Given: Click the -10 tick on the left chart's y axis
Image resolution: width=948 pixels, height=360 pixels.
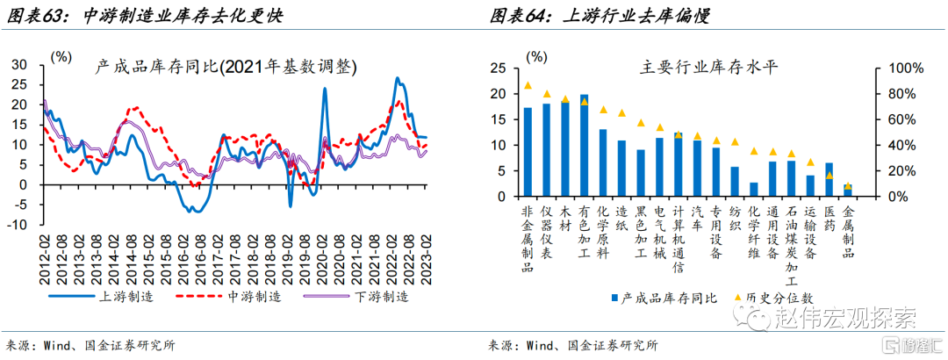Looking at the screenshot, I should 18,225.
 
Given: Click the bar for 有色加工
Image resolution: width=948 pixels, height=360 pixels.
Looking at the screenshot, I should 585,145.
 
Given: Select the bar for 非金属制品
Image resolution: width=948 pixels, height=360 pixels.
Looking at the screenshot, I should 528,152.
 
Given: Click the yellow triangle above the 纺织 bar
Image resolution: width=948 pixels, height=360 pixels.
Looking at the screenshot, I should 735,142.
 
